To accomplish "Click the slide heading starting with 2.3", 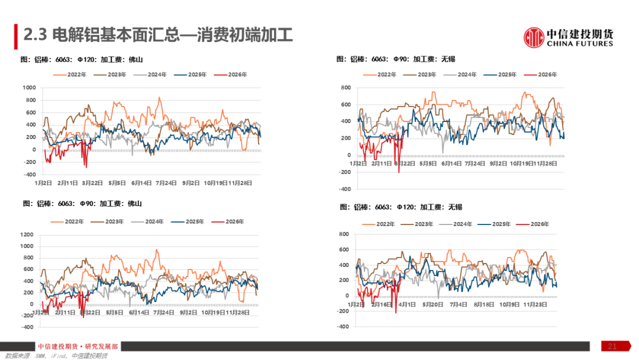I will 157,36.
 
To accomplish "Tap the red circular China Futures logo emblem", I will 534,37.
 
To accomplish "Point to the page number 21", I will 612,346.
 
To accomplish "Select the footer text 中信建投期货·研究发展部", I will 78,346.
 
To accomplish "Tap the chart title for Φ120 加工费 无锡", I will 401,207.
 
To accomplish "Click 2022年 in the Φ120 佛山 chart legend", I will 77,75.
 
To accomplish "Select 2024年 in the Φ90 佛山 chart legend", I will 153,221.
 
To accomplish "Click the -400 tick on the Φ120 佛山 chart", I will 29,174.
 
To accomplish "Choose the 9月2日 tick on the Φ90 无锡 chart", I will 499,163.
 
